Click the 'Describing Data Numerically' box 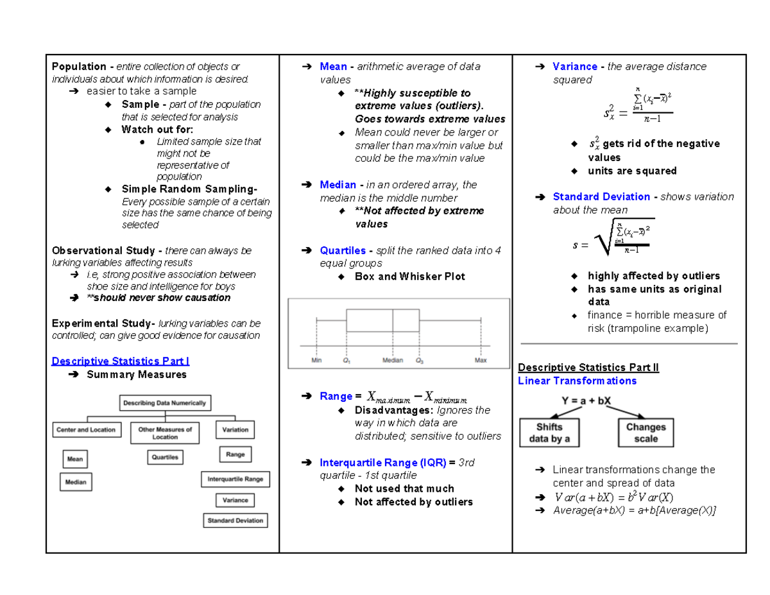pyautogui.click(x=165, y=403)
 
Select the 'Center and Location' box pyautogui.click(x=85, y=429)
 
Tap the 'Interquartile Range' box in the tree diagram pyautogui.click(x=235, y=479)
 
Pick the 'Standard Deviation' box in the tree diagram pyautogui.click(x=235, y=521)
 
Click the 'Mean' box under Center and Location pyautogui.click(x=75, y=459)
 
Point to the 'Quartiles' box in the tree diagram pyautogui.click(x=165, y=457)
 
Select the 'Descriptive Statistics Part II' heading pyautogui.click(x=588, y=368)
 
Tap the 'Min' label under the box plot pyautogui.click(x=316, y=360)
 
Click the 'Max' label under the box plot pyautogui.click(x=481, y=360)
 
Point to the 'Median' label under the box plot pyautogui.click(x=393, y=360)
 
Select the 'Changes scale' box pyautogui.click(x=646, y=433)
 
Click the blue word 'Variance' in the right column pyautogui.click(x=575, y=67)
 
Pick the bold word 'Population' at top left pyautogui.click(x=80, y=67)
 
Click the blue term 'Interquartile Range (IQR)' pyautogui.click(x=382, y=462)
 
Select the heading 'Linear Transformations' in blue pyautogui.click(x=577, y=381)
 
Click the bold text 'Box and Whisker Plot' pyautogui.click(x=410, y=277)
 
